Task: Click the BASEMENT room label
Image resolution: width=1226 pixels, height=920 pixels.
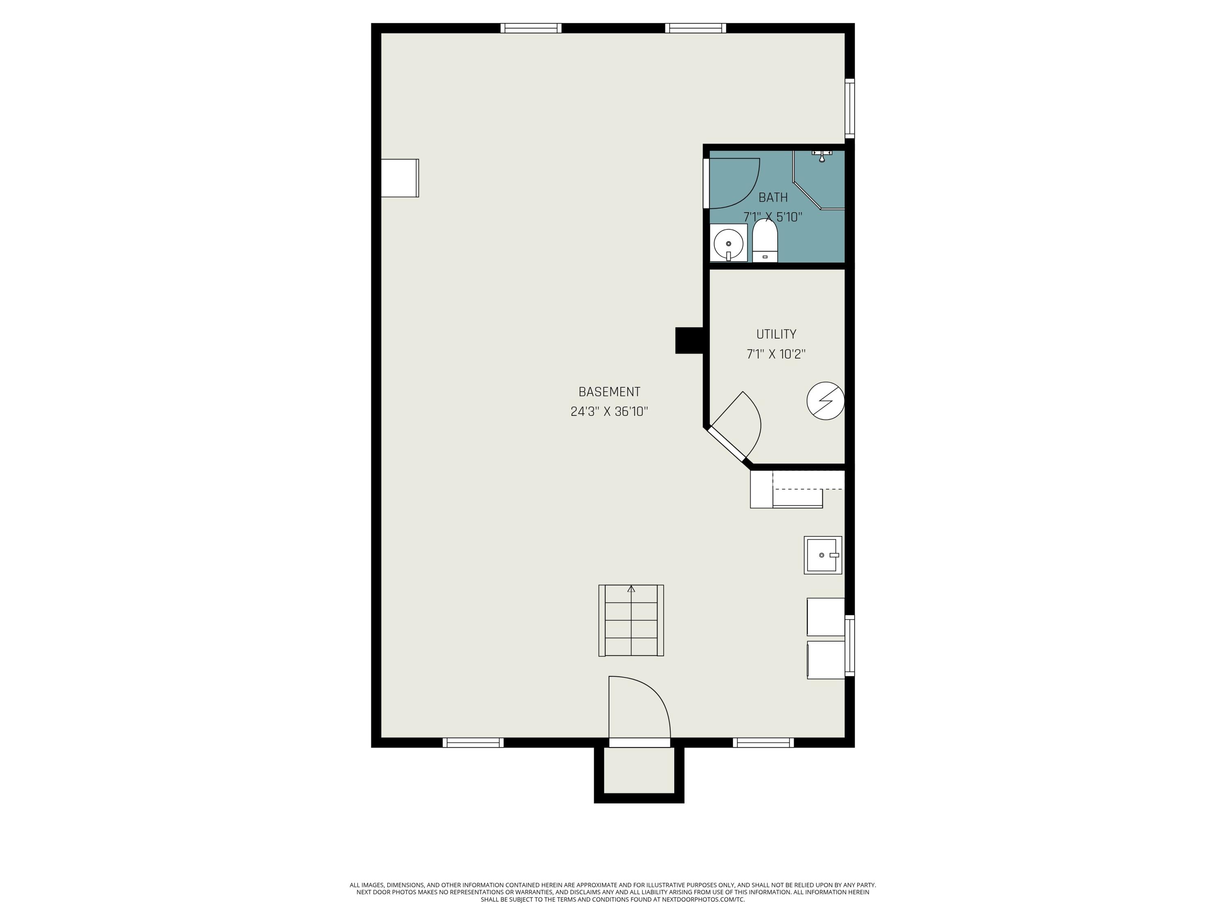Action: [x=609, y=392]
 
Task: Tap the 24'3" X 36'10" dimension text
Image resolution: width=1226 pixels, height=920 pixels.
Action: [x=609, y=411]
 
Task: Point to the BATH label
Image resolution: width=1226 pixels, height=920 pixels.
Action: [x=773, y=197]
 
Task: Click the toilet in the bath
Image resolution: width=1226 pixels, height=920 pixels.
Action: [x=765, y=242]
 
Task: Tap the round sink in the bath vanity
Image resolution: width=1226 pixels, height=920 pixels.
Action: [x=728, y=243]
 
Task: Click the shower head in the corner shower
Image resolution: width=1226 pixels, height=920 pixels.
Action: [x=822, y=156]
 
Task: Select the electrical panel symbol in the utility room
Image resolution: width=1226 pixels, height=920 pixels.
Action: [x=825, y=400]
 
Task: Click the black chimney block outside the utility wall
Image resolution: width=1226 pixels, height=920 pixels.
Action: [x=688, y=341]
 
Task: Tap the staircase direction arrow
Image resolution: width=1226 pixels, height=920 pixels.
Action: [x=631, y=589]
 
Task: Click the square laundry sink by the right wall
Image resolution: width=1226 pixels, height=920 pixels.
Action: [x=823, y=554]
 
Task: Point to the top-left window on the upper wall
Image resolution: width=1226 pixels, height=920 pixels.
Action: [x=530, y=28]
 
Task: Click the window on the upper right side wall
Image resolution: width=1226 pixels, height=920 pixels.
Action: [x=849, y=108]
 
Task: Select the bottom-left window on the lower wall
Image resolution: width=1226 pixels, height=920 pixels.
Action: [x=473, y=743]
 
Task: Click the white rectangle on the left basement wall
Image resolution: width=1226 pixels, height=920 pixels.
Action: [x=400, y=178]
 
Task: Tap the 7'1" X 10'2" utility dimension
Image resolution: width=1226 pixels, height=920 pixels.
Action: [x=776, y=354]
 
